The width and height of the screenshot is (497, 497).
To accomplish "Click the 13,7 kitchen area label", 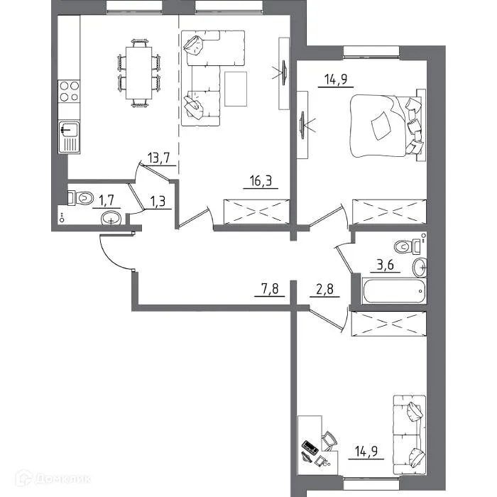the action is coord(159,158).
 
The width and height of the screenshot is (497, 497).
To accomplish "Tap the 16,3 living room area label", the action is coord(261,181).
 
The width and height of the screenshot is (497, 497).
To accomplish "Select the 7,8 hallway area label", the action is coord(269,289).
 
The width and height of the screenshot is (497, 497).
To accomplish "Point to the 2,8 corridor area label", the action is coord(324,289).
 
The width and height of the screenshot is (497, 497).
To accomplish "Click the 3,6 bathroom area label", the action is coord(385,265).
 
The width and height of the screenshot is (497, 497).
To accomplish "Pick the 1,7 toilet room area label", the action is coord(106,200).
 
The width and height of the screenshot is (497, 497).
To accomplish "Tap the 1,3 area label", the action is coord(158,201).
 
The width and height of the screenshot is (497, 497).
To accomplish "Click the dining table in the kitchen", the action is coord(139,73).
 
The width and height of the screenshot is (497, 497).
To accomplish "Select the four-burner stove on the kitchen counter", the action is coord(69,91).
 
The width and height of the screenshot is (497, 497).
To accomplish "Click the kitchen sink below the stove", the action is coord(69,137).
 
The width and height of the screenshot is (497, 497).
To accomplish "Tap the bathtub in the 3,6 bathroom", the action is coord(394,290).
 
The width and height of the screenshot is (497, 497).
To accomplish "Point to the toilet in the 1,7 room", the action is coord(81,198).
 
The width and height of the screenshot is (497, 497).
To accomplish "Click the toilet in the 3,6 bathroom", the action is coord(408,246).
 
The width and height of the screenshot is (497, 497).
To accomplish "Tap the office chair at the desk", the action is coord(329,441).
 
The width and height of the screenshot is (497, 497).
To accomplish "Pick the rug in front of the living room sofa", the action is coord(236,89).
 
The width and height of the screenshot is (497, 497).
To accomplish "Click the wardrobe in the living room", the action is coord(256,212).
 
